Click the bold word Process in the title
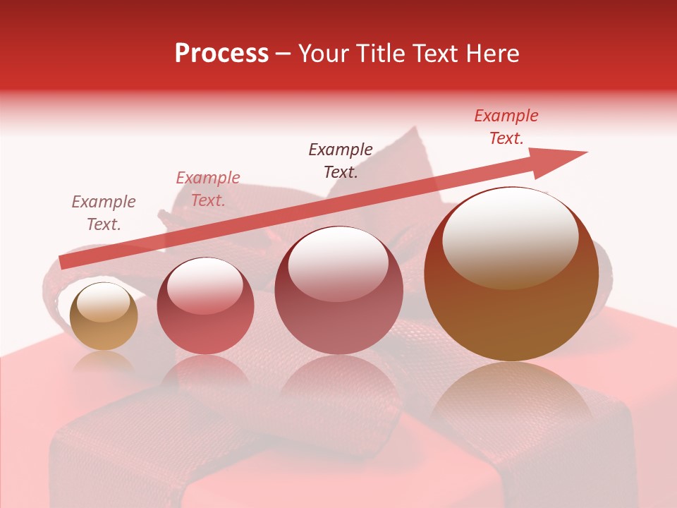tap(221, 54)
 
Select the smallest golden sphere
tap(104, 316)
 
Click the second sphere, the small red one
tap(205, 306)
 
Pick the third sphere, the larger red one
tap(338, 290)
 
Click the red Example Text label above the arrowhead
tap(506, 127)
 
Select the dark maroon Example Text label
tap(341, 160)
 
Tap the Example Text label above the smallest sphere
tap(104, 213)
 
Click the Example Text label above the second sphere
tap(208, 189)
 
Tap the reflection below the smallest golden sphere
tap(104, 363)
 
